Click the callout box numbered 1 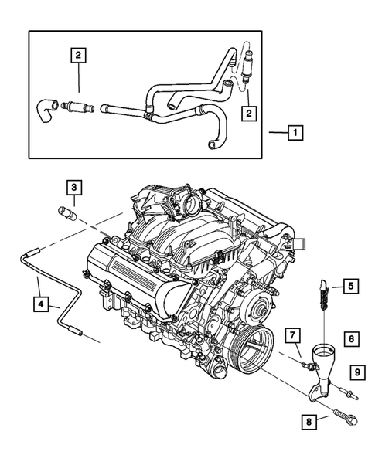(x=295, y=132)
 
